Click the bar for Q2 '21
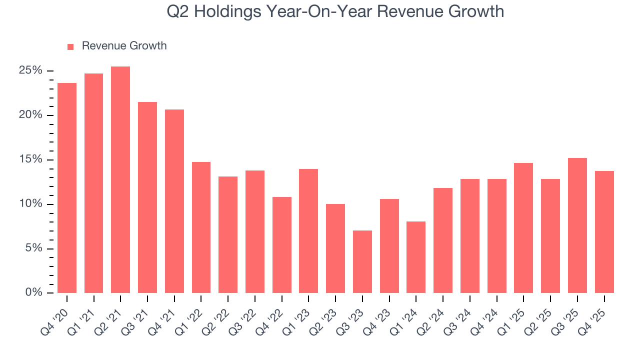(120, 180)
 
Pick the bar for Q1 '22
(201, 227)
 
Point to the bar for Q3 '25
(577, 225)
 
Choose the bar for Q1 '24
(416, 257)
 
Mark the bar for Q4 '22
(282, 245)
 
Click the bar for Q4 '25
(604, 232)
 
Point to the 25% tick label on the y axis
(30, 70)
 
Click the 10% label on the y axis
(30, 204)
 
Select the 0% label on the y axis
(33, 293)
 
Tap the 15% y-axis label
(30, 159)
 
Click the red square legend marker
(70, 46)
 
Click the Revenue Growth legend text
(124, 46)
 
